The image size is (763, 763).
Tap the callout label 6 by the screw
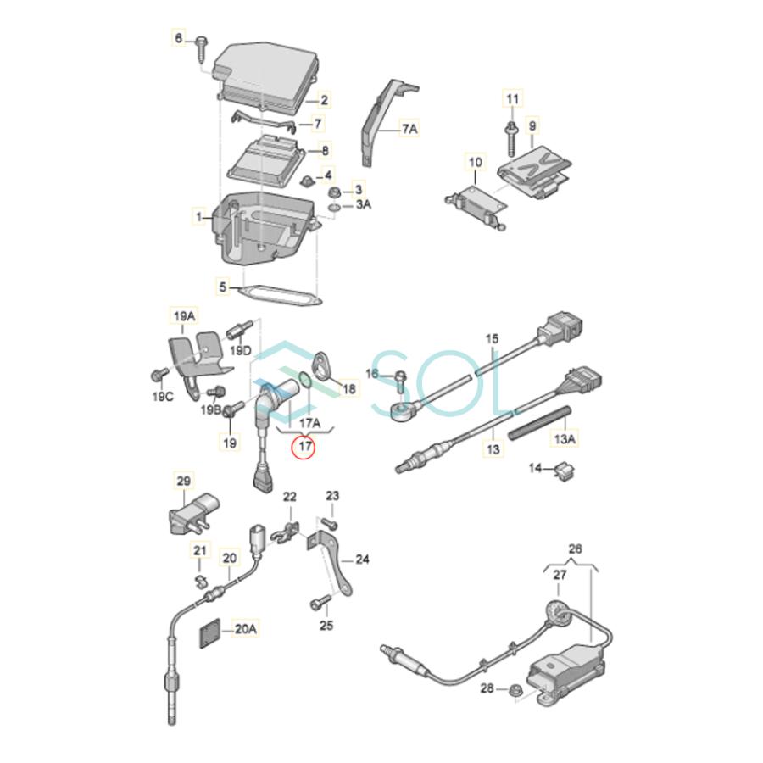pos(178,38)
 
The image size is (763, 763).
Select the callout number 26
pos(576,549)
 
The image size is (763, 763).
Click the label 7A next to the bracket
pos(409,129)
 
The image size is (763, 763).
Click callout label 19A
pos(185,316)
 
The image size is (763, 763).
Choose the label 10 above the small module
pos(475,161)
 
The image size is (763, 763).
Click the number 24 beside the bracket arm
pos(362,560)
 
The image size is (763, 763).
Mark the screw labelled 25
pos(319,603)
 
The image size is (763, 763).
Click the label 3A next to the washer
pos(362,204)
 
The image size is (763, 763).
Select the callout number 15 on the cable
pos(493,339)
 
